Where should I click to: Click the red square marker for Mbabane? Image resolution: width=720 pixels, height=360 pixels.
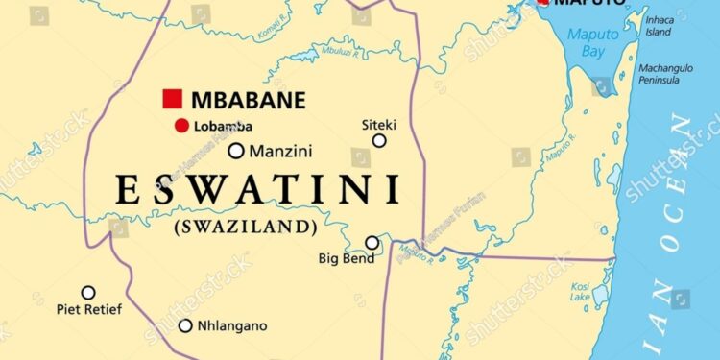pyautogui.click(x=173, y=98)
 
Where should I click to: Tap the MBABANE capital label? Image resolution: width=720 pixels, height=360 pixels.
pyautogui.click(x=248, y=99)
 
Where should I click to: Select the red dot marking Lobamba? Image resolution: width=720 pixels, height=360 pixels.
pyautogui.click(x=180, y=126)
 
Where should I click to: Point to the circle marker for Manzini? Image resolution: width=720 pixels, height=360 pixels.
pyautogui.click(x=235, y=150)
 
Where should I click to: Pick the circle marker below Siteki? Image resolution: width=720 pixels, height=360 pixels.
pyautogui.click(x=379, y=140)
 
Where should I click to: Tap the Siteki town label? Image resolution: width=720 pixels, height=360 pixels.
pyautogui.click(x=378, y=124)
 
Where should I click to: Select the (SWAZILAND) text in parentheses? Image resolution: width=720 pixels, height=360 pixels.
pyautogui.click(x=245, y=227)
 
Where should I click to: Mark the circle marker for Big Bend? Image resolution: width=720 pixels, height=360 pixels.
pyautogui.click(x=372, y=243)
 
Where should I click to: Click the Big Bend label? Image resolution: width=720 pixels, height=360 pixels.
pyautogui.click(x=344, y=258)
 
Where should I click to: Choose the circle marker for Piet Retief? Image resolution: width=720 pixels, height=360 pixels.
pyautogui.click(x=88, y=292)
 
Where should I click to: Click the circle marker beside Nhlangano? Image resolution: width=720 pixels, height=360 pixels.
pyautogui.click(x=185, y=325)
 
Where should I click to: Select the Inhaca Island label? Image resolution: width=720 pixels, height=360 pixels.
pyautogui.click(x=660, y=25)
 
